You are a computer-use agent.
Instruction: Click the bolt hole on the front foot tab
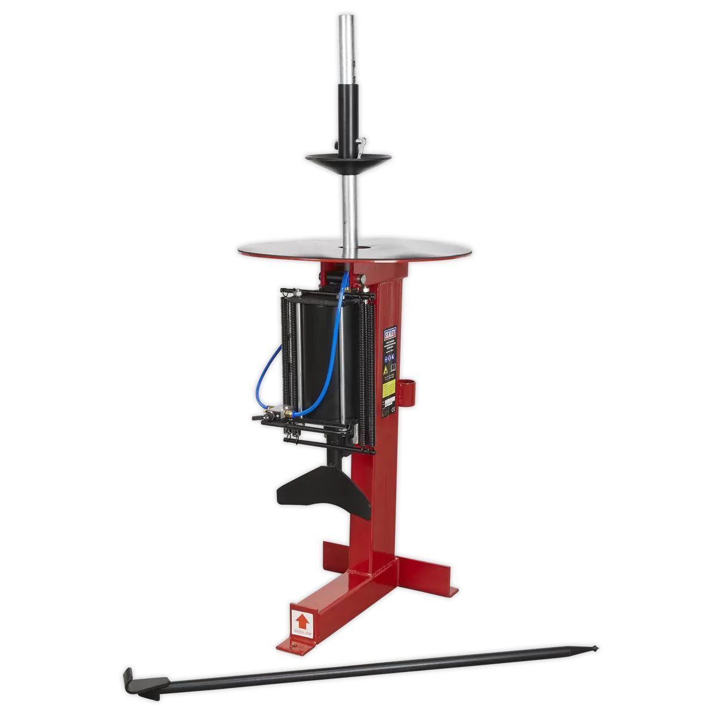[x=294, y=644]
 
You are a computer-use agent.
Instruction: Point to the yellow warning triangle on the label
[x=386, y=371]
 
